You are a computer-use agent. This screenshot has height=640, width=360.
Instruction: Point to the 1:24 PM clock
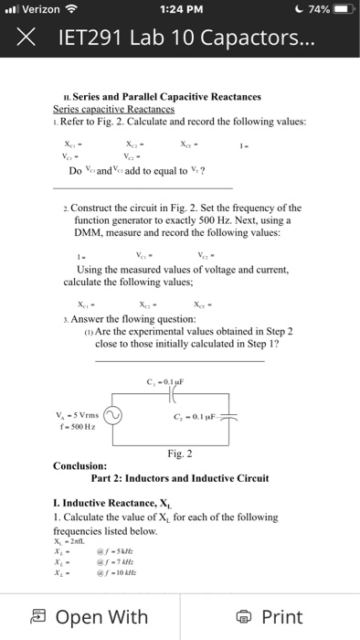(x=178, y=10)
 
